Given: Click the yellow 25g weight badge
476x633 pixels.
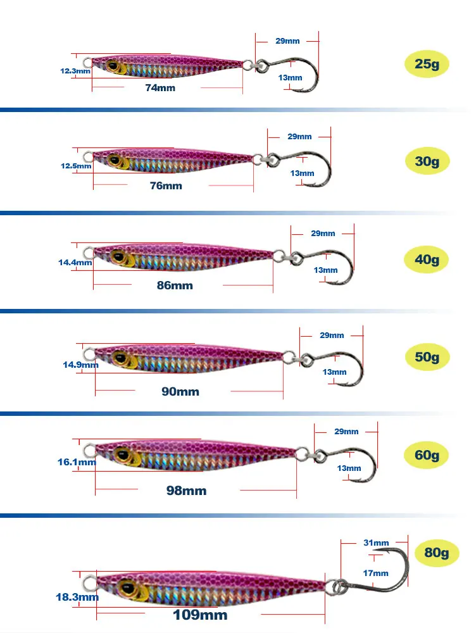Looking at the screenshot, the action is (x=427, y=64).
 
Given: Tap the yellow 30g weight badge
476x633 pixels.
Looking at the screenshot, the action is (x=427, y=161).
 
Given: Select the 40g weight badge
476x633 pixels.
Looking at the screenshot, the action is (x=427, y=259).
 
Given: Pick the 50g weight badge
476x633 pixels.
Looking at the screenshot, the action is (x=427, y=356).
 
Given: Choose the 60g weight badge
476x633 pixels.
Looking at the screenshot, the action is (x=427, y=455).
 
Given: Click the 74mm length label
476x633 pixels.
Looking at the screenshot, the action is (x=160, y=87).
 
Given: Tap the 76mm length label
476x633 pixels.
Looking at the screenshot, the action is (x=166, y=185).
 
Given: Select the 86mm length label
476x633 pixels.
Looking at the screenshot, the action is (x=175, y=285).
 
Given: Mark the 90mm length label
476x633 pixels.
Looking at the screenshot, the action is (x=180, y=392).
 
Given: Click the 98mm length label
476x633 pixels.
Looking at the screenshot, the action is (x=187, y=491).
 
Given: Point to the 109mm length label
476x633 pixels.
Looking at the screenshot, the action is (x=200, y=615).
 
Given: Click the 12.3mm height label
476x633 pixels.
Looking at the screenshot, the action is (x=75, y=71).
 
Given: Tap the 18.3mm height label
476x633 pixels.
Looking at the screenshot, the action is (x=77, y=597).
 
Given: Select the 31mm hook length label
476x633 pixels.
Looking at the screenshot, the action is (x=376, y=542).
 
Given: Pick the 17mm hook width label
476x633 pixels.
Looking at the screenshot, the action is (x=375, y=573).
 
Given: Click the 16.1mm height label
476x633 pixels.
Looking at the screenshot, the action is (x=77, y=462).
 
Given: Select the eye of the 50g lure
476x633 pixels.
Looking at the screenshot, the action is (x=120, y=357).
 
